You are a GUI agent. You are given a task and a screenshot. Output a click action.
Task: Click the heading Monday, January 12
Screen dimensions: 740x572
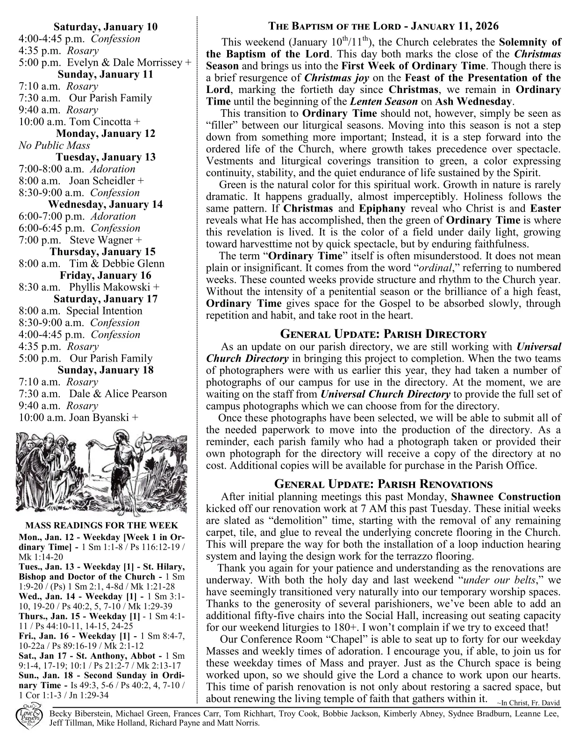click(106, 134)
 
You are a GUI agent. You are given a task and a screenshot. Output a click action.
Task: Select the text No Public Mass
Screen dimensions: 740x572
click(54, 145)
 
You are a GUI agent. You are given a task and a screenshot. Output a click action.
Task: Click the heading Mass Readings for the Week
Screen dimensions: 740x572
click(101, 525)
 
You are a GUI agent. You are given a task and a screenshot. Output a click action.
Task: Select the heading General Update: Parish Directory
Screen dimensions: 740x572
click(383, 334)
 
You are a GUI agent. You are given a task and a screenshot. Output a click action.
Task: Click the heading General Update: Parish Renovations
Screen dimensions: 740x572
click(383, 484)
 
